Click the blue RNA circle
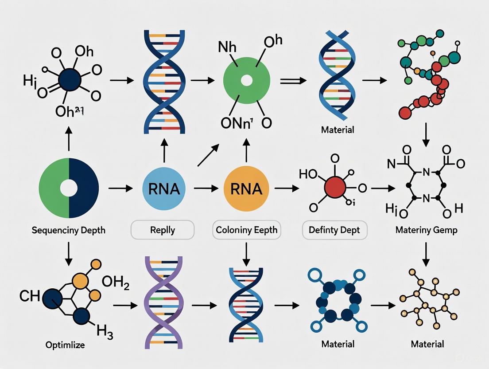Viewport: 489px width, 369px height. tap(164, 189)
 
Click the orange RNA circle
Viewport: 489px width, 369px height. tap(246, 189)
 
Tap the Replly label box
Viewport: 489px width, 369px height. tap(163, 230)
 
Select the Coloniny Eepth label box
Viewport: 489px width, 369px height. tap(246, 230)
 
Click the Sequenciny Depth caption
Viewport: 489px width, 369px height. tap(69, 231)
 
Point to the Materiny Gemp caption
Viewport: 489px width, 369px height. tap(426, 231)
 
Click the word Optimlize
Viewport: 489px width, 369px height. tap(66, 345)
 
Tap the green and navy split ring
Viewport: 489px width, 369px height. tap(69, 188)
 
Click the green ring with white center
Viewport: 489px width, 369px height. tap(247, 81)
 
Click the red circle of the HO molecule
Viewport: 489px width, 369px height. tap(335, 188)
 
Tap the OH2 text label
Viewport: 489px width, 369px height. tap(115, 282)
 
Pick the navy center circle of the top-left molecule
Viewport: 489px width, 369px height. tap(69, 80)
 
